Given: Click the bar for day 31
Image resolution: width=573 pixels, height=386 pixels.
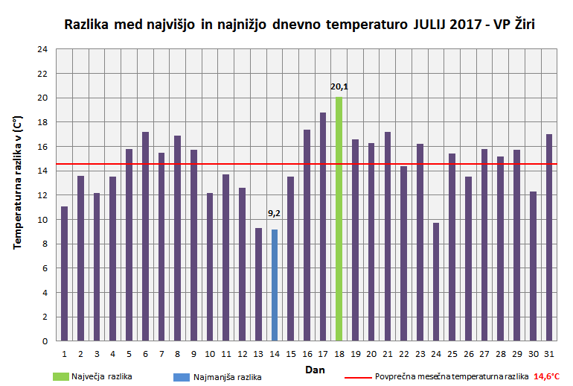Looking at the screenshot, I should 548,238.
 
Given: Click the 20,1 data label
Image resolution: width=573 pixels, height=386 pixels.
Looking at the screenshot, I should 339,87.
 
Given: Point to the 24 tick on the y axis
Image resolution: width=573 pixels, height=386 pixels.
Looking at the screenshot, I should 42,49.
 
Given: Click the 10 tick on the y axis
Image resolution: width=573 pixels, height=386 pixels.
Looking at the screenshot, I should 42,220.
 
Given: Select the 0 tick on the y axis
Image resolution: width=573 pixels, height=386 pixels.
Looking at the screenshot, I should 45,341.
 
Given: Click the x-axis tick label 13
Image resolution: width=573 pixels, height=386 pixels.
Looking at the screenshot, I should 258,353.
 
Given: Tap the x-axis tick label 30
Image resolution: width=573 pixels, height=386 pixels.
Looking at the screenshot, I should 533,353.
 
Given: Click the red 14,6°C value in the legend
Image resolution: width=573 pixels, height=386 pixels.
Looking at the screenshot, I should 547,377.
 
